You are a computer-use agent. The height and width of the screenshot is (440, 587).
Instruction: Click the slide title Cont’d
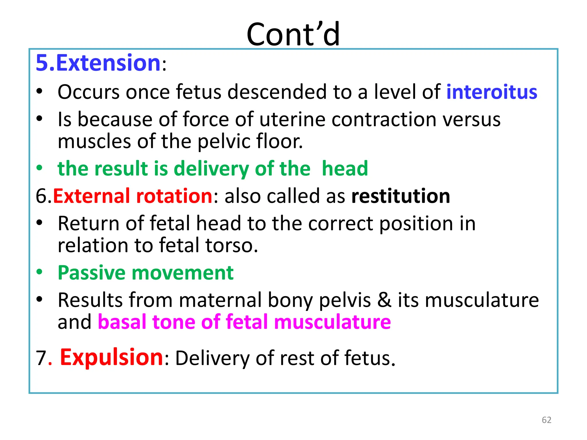293,34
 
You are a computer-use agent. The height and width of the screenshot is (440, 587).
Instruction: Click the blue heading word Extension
108,63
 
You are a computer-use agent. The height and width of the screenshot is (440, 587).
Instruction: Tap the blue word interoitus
492,92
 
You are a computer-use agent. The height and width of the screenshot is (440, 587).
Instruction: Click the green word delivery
211,168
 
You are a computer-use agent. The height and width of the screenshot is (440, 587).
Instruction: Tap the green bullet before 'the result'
40,168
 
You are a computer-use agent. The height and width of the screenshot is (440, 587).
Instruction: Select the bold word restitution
400,196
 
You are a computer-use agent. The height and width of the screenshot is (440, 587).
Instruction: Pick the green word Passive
91,273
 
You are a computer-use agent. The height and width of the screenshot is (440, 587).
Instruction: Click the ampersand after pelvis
384,300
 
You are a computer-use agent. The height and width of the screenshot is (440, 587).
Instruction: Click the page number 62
546,420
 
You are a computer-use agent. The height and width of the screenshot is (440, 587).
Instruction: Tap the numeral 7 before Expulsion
41,358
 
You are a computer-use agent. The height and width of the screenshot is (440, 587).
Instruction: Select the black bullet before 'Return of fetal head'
40,223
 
